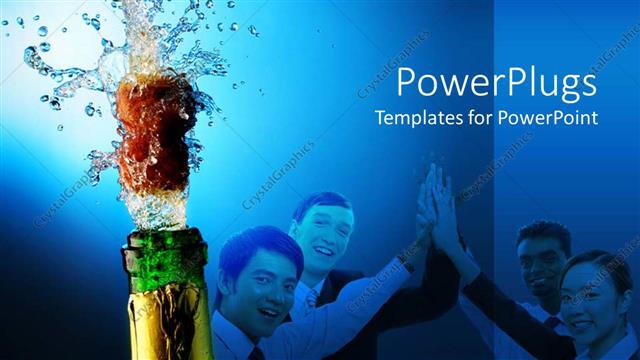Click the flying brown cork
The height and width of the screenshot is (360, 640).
[x=149, y=130]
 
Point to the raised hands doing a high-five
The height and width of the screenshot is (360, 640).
[x=436, y=205]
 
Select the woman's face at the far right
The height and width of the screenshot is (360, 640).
[x=589, y=300]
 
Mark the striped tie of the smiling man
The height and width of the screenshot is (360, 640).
[x=312, y=299]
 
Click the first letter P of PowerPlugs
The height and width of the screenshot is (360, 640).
[x=407, y=83]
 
